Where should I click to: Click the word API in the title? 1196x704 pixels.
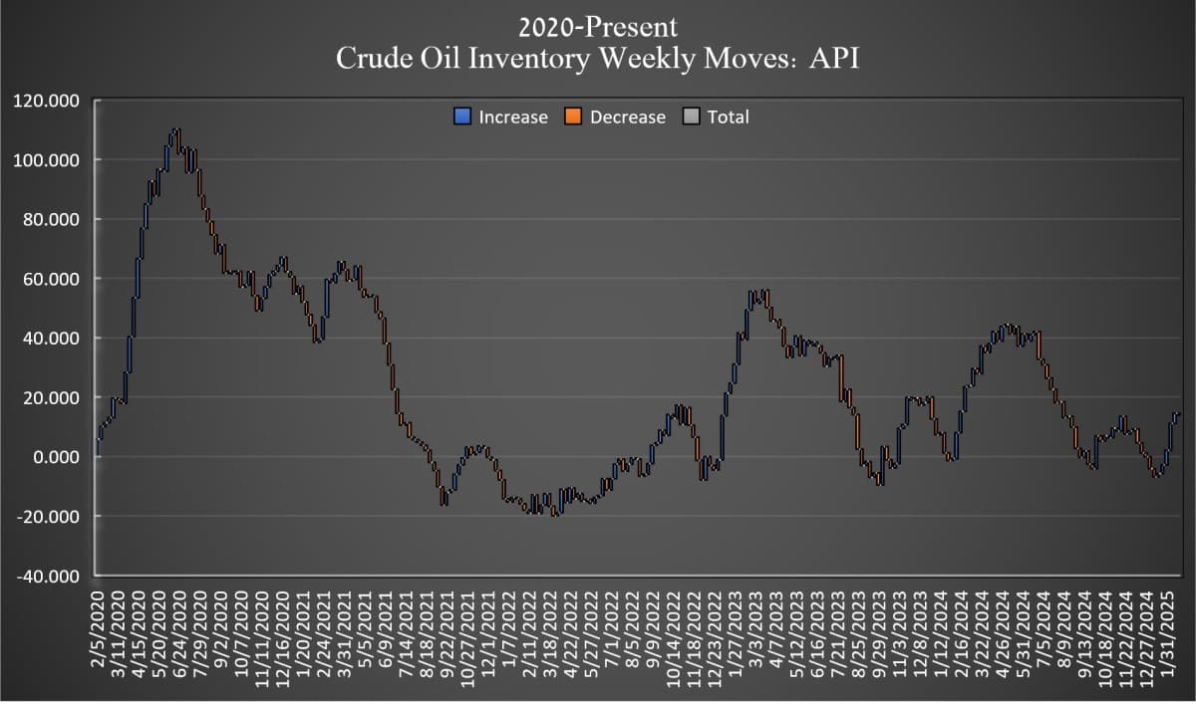(833, 59)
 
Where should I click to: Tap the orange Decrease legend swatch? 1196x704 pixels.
(573, 117)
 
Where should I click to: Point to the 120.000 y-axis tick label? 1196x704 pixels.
(46, 101)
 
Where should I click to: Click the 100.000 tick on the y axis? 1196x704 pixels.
(46, 160)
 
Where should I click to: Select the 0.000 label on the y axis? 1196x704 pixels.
(56, 457)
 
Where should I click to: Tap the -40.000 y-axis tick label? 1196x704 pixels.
(46, 577)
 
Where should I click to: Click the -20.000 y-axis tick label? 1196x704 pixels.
(46, 517)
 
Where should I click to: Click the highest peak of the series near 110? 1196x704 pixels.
(175, 130)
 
